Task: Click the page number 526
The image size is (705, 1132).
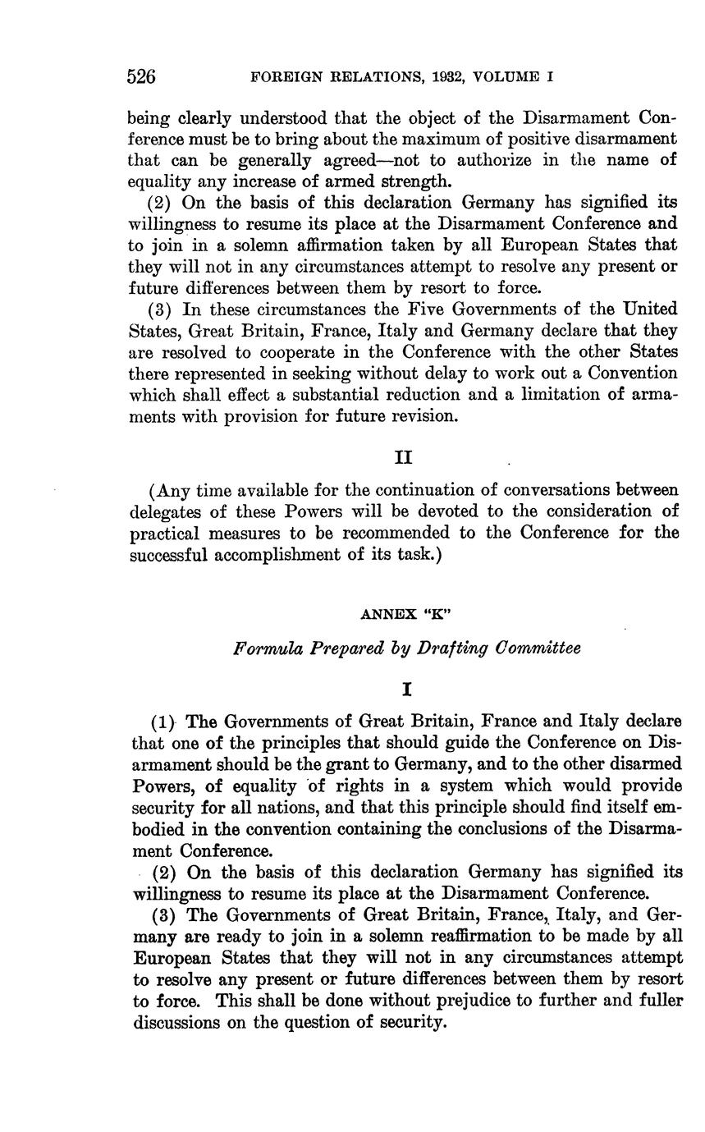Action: pyautogui.click(x=141, y=77)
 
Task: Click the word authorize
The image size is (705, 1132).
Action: pyautogui.click(x=488, y=159)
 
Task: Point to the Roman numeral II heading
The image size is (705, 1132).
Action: pyautogui.click(x=403, y=456)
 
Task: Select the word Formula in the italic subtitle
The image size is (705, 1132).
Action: pyautogui.click(x=263, y=648)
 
